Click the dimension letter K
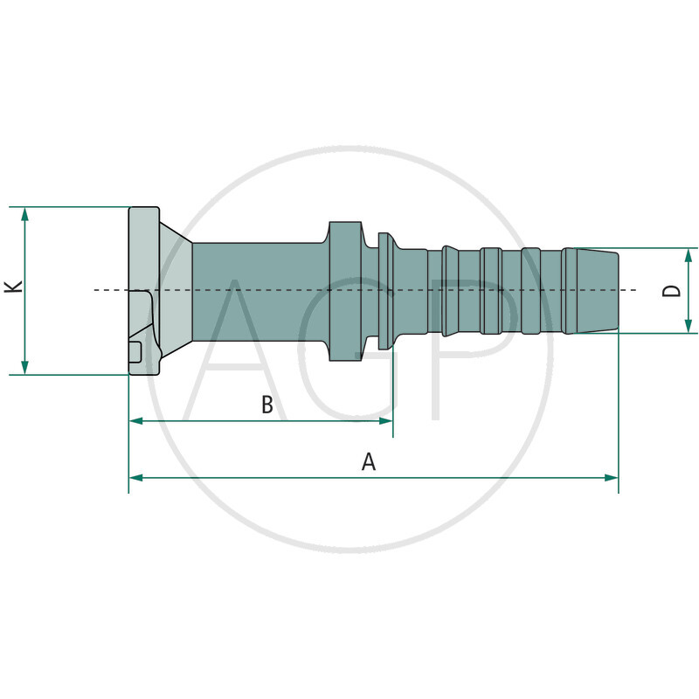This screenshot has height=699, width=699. point(13,287)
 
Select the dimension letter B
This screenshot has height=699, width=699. point(267,405)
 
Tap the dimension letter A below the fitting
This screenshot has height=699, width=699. point(369,461)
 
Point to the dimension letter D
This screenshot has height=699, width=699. point(671,289)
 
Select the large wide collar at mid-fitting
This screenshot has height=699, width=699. point(344,290)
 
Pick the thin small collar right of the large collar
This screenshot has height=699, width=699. point(384,290)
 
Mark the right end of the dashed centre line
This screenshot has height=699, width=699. point(634,289)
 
